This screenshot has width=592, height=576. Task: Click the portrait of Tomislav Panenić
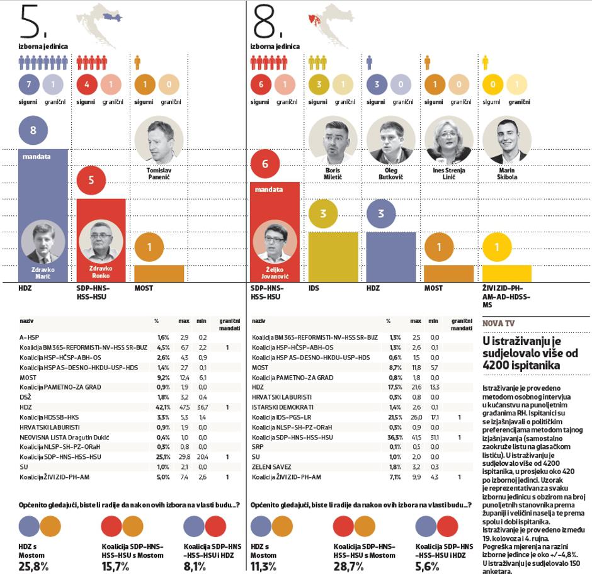[x=159, y=139]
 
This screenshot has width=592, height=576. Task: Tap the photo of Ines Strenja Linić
[x=448, y=139]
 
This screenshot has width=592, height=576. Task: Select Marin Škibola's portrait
[x=506, y=139]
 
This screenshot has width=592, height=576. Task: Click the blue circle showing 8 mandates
[x=33, y=131]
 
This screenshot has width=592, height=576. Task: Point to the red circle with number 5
[x=91, y=181]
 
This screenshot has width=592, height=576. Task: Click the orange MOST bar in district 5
[x=159, y=273]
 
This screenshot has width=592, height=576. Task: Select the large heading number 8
[x=266, y=23]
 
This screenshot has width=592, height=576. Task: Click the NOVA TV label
[x=499, y=323]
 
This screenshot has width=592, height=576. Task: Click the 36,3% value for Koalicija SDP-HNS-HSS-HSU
[x=395, y=437]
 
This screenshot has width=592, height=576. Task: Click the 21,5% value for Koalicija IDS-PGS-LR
[x=395, y=417]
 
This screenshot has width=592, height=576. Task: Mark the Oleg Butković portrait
[x=390, y=139]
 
